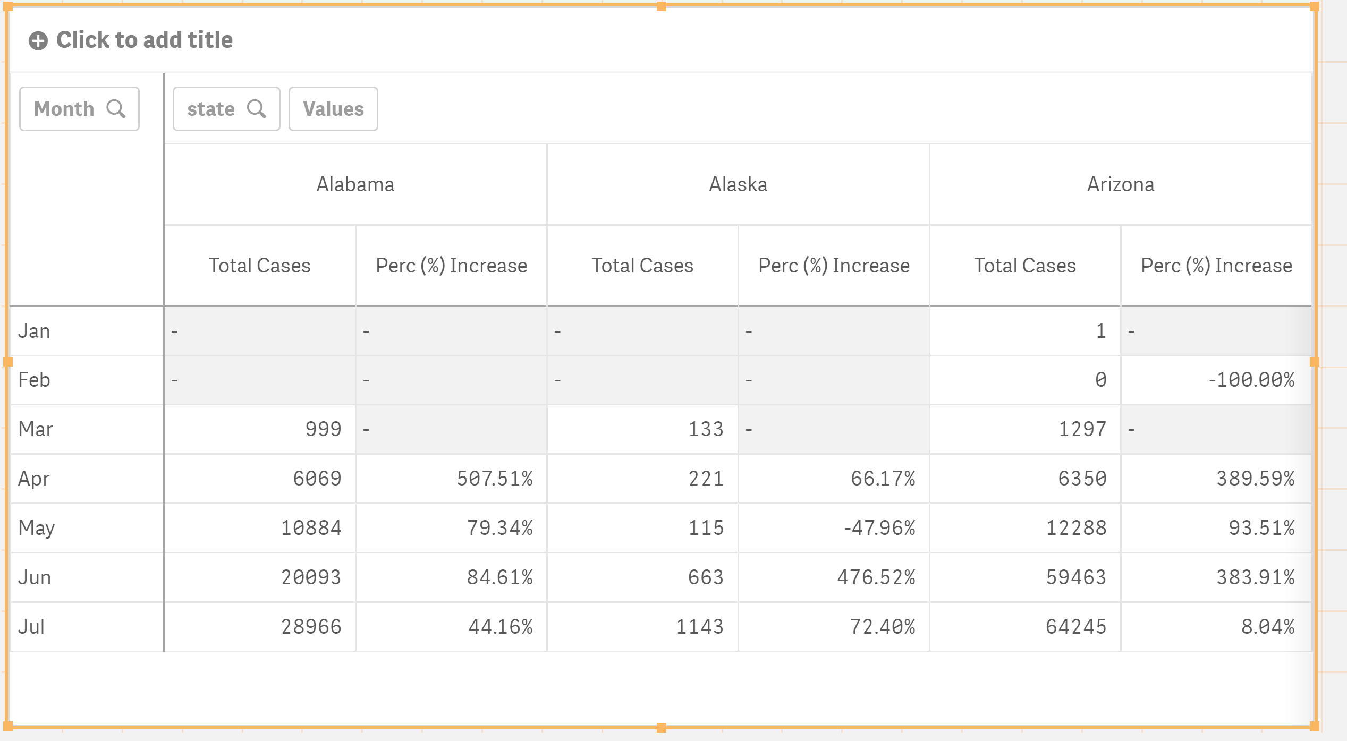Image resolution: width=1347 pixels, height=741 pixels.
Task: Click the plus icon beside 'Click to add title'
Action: [38, 41]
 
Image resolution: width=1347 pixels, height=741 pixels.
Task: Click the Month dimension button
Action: [79, 109]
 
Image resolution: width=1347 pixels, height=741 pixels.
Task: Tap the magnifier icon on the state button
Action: [257, 109]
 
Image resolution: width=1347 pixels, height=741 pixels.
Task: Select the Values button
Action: [333, 109]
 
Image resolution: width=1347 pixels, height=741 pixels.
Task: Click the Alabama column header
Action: [355, 184]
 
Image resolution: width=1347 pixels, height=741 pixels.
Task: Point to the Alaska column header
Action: [738, 184]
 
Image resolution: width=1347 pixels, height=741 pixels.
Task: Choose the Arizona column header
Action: [1121, 184]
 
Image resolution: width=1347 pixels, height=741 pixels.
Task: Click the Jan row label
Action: [34, 331]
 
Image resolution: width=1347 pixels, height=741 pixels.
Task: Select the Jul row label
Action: [31, 627]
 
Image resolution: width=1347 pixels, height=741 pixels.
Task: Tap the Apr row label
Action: [34, 479]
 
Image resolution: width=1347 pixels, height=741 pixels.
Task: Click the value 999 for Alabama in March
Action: [323, 429]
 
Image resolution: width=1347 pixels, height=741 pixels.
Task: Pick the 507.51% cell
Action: [495, 479]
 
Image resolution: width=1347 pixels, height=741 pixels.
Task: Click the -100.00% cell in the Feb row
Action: [1251, 380]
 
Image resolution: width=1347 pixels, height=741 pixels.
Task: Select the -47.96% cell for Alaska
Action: [879, 528]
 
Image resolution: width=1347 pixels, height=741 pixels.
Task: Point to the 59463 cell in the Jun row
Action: [1076, 577]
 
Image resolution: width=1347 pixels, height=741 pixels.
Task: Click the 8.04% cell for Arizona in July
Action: [1268, 627]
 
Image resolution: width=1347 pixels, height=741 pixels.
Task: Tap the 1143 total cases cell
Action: [700, 627]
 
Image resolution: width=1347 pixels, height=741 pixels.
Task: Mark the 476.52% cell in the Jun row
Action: [876, 577]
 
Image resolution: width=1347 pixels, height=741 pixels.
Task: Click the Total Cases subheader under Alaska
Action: [642, 266]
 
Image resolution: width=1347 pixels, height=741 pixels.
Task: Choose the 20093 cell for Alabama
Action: [311, 577]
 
